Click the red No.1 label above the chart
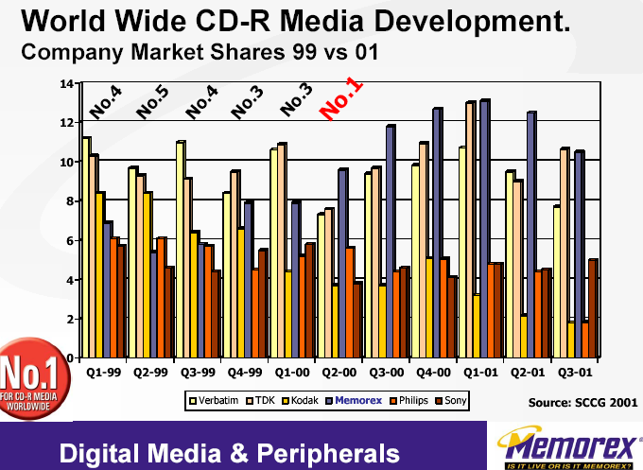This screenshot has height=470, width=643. (x=341, y=98)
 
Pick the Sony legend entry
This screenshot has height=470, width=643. (x=454, y=400)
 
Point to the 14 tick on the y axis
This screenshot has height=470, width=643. (x=66, y=83)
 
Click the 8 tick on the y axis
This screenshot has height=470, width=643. (x=69, y=201)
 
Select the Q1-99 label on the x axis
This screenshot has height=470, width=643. (x=104, y=373)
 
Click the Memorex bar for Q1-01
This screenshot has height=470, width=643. (x=484, y=227)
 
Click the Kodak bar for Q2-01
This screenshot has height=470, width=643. (x=524, y=336)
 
